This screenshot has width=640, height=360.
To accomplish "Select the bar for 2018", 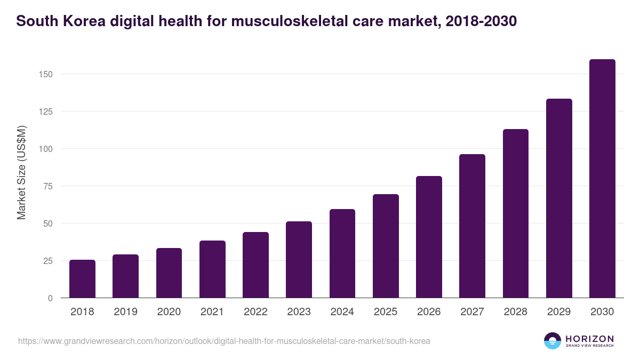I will click(82, 279).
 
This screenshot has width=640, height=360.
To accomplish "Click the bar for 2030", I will click(602, 179).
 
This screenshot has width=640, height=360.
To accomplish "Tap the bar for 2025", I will click(386, 246).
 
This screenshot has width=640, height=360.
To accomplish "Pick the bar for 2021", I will click(212, 269).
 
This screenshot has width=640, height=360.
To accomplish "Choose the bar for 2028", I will click(516, 213).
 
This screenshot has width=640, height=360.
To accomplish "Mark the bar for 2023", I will click(299, 260).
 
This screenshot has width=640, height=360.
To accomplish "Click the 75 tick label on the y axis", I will click(47, 186).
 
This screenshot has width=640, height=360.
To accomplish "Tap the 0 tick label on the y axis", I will click(50, 298).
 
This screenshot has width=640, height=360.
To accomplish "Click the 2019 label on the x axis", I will click(125, 312).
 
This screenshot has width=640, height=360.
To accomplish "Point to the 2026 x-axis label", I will click(429, 312).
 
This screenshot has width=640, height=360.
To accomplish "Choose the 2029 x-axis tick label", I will click(559, 312).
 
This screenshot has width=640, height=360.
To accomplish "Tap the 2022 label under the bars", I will click(255, 312).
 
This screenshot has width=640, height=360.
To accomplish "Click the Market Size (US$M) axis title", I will click(21, 173).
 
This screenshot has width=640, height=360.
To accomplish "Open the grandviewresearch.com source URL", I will click(224, 341).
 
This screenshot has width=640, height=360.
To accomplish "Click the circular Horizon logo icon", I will click(553, 341).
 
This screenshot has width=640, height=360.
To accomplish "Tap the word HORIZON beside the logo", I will click(589, 338).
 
